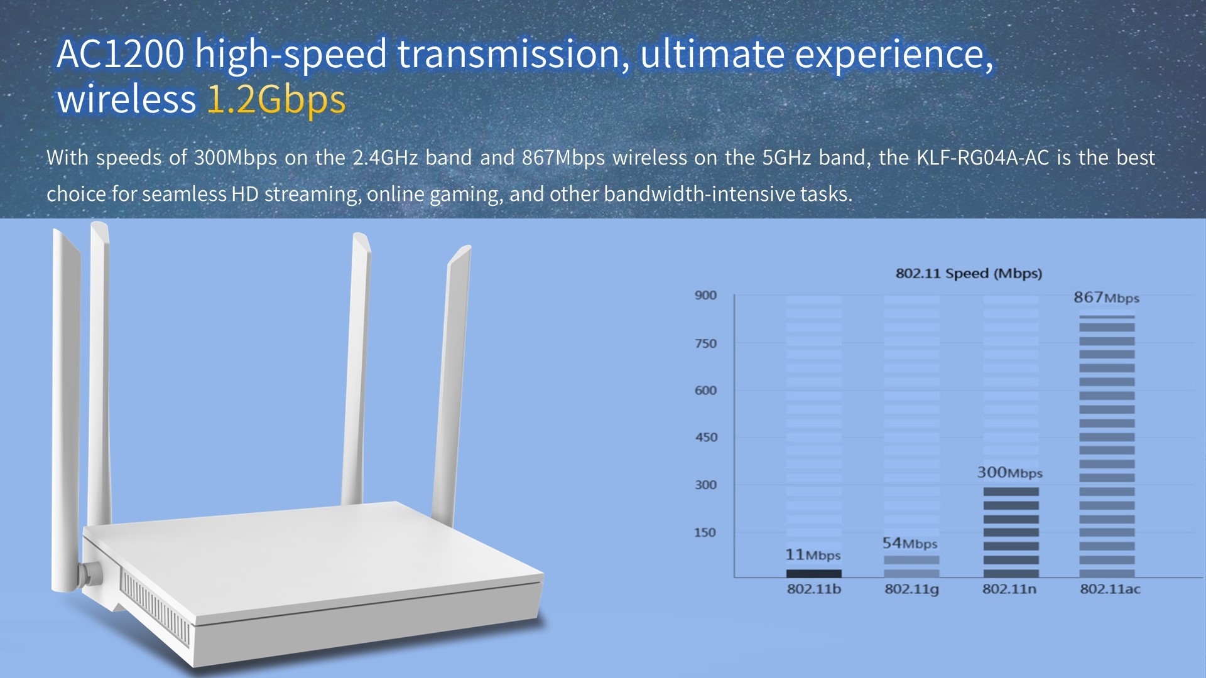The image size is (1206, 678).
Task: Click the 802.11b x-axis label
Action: pyautogui.click(x=813, y=589)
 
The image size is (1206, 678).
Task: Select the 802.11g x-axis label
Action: pyautogui.click(x=911, y=589)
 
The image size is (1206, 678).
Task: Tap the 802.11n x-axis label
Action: pyautogui.click(x=1009, y=589)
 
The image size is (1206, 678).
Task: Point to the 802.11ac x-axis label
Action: pyautogui.click(x=1110, y=589)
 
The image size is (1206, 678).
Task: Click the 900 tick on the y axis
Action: pyautogui.click(x=705, y=295)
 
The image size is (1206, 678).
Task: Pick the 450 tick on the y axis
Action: pyautogui.click(x=706, y=437)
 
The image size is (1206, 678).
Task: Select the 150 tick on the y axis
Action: pyautogui.click(x=705, y=532)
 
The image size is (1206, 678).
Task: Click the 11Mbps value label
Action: pyautogui.click(x=813, y=555)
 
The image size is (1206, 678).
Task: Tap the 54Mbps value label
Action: pyautogui.click(x=910, y=543)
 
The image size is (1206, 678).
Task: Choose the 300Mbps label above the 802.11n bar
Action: pyautogui.click(x=1009, y=473)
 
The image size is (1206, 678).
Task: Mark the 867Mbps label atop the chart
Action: pyautogui.click(x=1106, y=298)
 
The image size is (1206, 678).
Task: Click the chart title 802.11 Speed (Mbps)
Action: pyautogui.click(x=969, y=274)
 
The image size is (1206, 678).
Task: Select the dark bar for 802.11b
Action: pyautogui.click(x=813, y=573)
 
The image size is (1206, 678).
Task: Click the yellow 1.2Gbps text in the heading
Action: pyautogui.click(x=276, y=99)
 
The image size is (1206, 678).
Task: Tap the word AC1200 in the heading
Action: pyautogui.click(x=121, y=54)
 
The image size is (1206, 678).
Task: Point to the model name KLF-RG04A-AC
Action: pyautogui.click(x=982, y=157)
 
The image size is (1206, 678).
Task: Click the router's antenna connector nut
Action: pyautogui.click(x=90, y=573)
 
